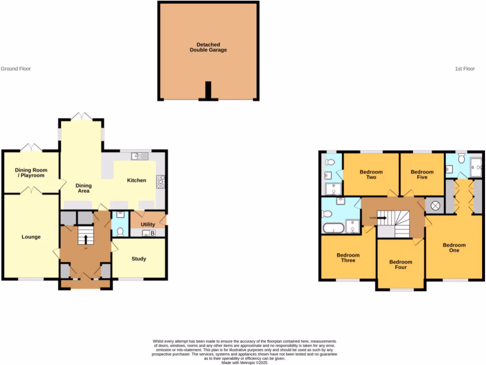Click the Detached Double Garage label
point(208,47)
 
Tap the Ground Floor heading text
point(16,69)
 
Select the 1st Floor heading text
point(465,69)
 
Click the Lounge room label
point(31,237)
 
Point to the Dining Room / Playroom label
point(31,173)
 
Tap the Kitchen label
point(136,180)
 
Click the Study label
point(139,259)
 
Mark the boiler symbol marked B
point(152,233)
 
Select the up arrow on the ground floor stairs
point(86,236)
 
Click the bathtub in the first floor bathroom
point(333,228)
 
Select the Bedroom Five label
point(422,174)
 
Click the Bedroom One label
point(454,248)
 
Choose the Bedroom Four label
point(401,264)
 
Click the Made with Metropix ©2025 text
point(244,363)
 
